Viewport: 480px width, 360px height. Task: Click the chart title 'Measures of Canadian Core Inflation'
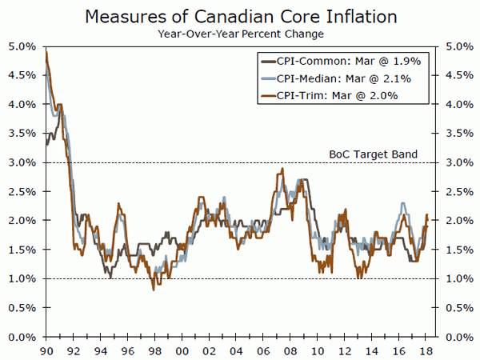pyautogui.click(x=240, y=15)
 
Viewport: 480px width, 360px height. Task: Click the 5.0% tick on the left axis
pyautogui.click(x=22, y=46)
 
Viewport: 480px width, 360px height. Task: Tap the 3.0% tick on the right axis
pyautogui.click(x=457, y=162)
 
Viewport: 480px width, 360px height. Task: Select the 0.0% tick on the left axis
pyautogui.click(x=22, y=337)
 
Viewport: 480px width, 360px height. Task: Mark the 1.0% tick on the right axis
pyautogui.click(x=457, y=278)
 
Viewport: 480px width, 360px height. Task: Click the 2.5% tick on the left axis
pyautogui.click(x=22, y=191)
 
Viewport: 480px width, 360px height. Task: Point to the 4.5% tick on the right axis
pyautogui.click(x=457, y=75)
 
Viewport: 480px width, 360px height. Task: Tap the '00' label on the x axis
pyautogui.click(x=182, y=350)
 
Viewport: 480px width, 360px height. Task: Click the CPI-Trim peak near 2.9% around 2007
pyautogui.click(x=282, y=170)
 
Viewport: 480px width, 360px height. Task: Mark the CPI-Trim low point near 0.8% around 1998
pyautogui.click(x=153, y=289)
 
